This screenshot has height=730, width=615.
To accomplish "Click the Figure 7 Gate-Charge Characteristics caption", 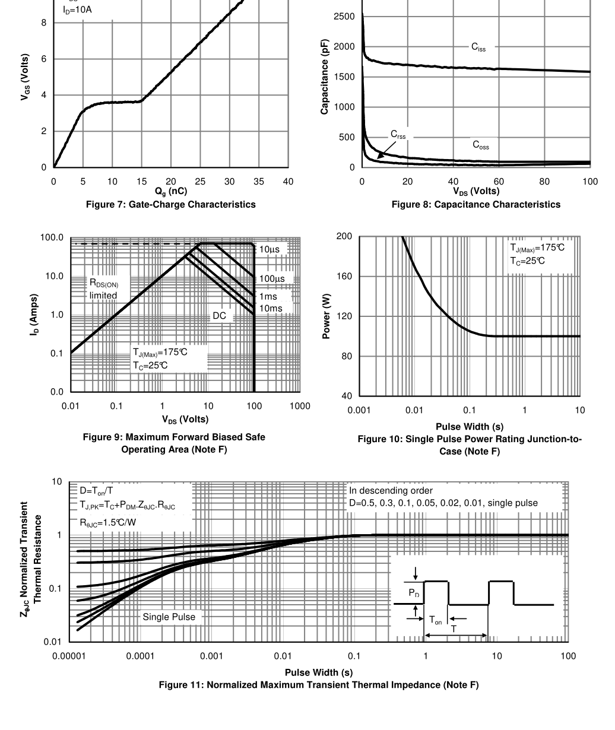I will tap(171, 205).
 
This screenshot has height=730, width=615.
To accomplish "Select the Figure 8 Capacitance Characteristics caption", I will tap(475, 205).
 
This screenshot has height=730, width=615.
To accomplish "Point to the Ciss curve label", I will tap(478, 47).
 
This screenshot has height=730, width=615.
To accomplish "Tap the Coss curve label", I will tap(481, 145).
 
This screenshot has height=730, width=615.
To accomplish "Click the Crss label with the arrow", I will tap(398, 135).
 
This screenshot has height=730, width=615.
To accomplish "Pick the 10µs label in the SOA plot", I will tap(270, 250).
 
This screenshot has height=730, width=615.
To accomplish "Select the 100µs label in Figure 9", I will tap(272, 279).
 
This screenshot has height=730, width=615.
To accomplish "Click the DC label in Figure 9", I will tap(220, 316).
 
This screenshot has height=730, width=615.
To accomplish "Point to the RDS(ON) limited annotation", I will tap(104, 290).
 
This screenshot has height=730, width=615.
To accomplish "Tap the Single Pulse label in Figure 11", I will tap(169, 617).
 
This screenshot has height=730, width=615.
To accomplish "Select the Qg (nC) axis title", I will tap(171, 191).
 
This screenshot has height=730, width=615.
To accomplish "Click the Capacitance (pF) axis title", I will tap(325, 80).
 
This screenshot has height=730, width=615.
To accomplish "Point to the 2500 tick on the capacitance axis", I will tap(344, 17).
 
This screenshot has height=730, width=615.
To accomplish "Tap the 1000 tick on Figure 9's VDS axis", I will tap(300, 406).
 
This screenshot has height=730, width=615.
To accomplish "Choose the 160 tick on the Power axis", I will tap(344, 277).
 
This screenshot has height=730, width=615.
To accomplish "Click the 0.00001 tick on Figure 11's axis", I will tap(69, 656).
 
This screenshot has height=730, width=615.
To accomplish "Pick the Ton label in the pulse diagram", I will tap(436, 620).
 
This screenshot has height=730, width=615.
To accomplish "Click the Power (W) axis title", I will tap(326, 316).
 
